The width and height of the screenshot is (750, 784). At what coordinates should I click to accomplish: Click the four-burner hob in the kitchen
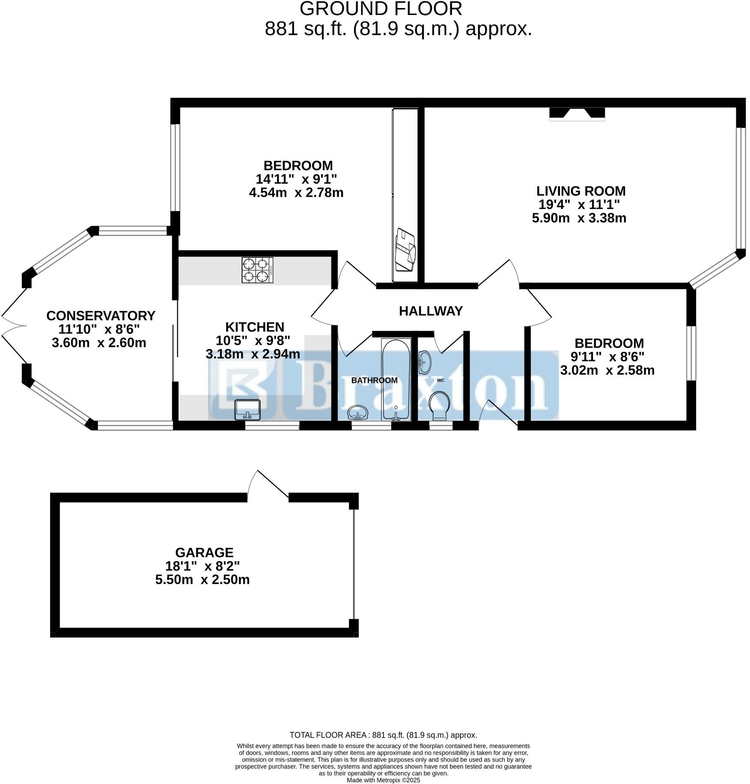pyautogui.click(x=257, y=270)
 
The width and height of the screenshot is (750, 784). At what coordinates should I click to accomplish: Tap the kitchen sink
pyautogui.click(x=247, y=409)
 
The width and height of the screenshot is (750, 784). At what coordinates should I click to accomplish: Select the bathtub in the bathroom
pyautogui.click(x=396, y=379)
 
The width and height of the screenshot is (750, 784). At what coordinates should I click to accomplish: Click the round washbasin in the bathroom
pyautogui.click(x=358, y=413)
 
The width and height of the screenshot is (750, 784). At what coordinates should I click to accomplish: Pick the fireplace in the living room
pyautogui.click(x=577, y=113)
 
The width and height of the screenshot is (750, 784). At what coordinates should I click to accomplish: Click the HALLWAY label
pyautogui.click(x=431, y=311)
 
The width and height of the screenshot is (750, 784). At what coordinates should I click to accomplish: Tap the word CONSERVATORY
pyautogui.click(x=101, y=316)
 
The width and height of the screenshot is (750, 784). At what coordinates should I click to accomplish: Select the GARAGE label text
pyautogui.click(x=204, y=552)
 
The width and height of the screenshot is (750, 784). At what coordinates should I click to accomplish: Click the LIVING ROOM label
pyautogui.click(x=581, y=191)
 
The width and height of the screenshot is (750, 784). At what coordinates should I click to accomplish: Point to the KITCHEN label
pyautogui.click(x=255, y=327)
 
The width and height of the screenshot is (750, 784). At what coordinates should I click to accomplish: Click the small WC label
pyautogui.click(x=440, y=380)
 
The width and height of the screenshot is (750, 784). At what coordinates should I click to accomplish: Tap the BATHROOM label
pyautogui.click(x=375, y=380)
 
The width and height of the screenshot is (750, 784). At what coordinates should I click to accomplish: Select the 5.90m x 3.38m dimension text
pyautogui.click(x=579, y=218)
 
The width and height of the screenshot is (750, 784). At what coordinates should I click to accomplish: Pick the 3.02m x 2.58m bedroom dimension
pyautogui.click(x=607, y=370)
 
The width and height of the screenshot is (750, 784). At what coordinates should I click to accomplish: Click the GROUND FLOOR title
pyautogui.click(x=381, y=9)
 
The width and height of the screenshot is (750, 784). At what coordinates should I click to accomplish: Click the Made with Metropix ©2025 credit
pyautogui.click(x=383, y=780)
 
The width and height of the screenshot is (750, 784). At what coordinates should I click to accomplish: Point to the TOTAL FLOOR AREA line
pyautogui.click(x=383, y=735)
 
